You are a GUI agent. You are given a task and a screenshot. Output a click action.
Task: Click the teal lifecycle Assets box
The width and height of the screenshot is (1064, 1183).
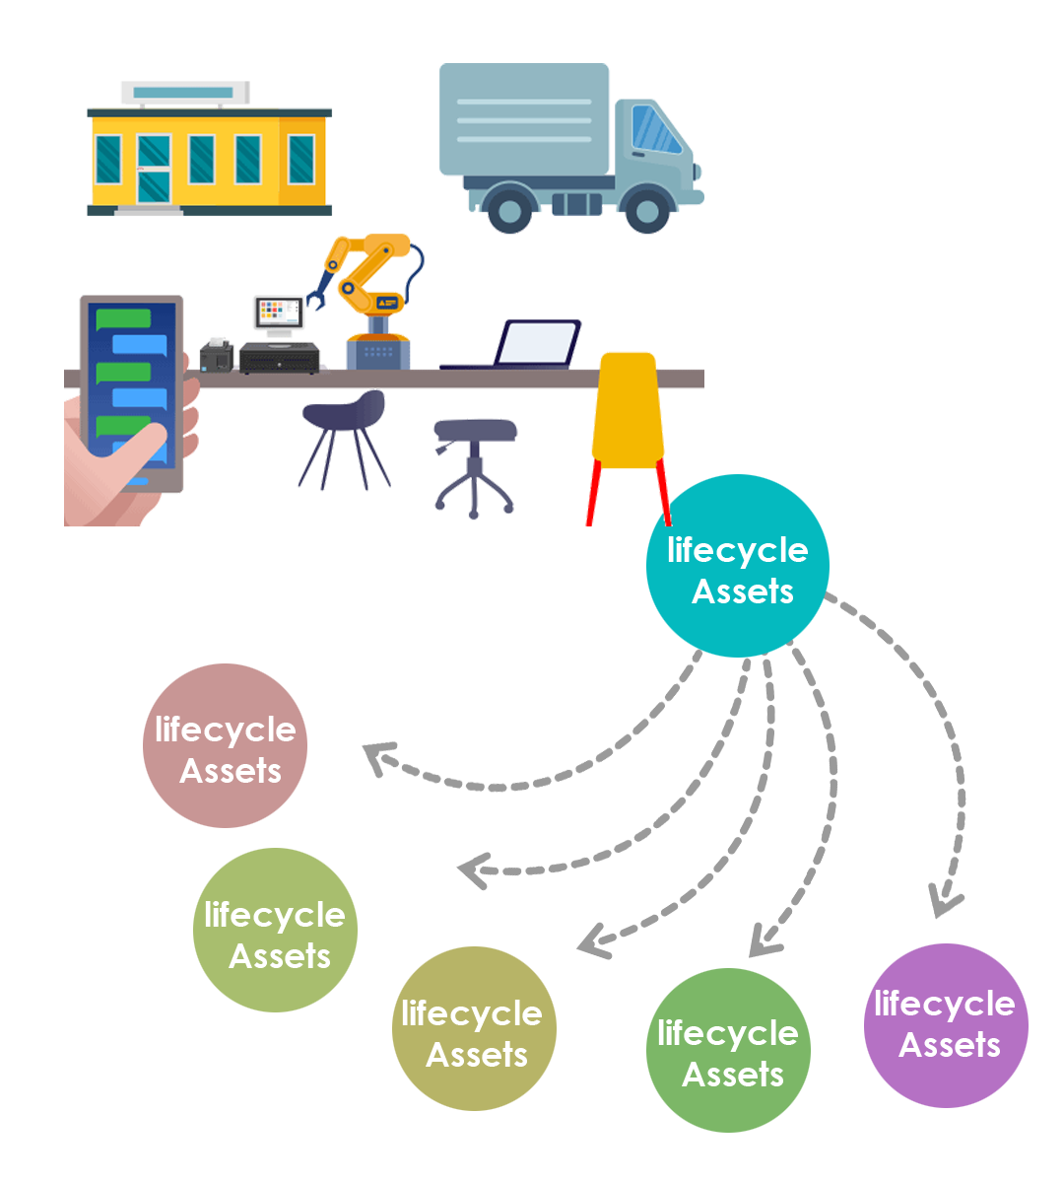[737, 567]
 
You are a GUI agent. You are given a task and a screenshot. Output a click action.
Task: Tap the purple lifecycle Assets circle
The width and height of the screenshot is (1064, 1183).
[946, 1025]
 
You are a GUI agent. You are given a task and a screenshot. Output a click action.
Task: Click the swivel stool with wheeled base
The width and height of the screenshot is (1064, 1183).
[475, 463]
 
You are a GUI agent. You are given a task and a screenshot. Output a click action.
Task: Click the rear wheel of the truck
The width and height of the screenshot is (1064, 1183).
[509, 209]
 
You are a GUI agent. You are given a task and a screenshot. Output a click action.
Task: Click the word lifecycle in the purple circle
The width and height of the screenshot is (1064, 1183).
[944, 1004]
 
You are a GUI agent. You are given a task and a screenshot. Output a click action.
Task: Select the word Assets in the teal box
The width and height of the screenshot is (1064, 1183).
[743, 591]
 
